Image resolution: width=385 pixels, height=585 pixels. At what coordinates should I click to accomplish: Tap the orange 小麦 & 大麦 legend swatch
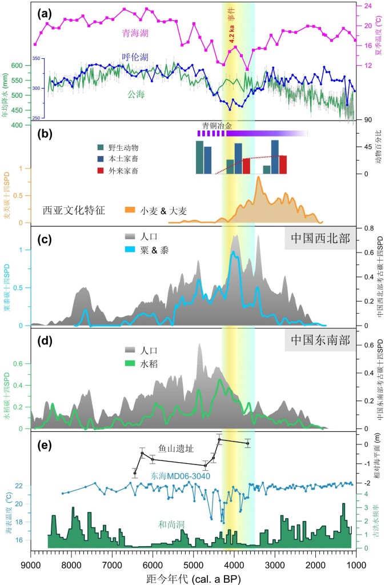(x=134, y=210)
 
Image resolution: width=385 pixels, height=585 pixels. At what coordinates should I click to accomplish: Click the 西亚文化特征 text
(x=74, y=210)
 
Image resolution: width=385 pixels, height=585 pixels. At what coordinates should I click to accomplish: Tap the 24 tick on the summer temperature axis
(x=369, y=6)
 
